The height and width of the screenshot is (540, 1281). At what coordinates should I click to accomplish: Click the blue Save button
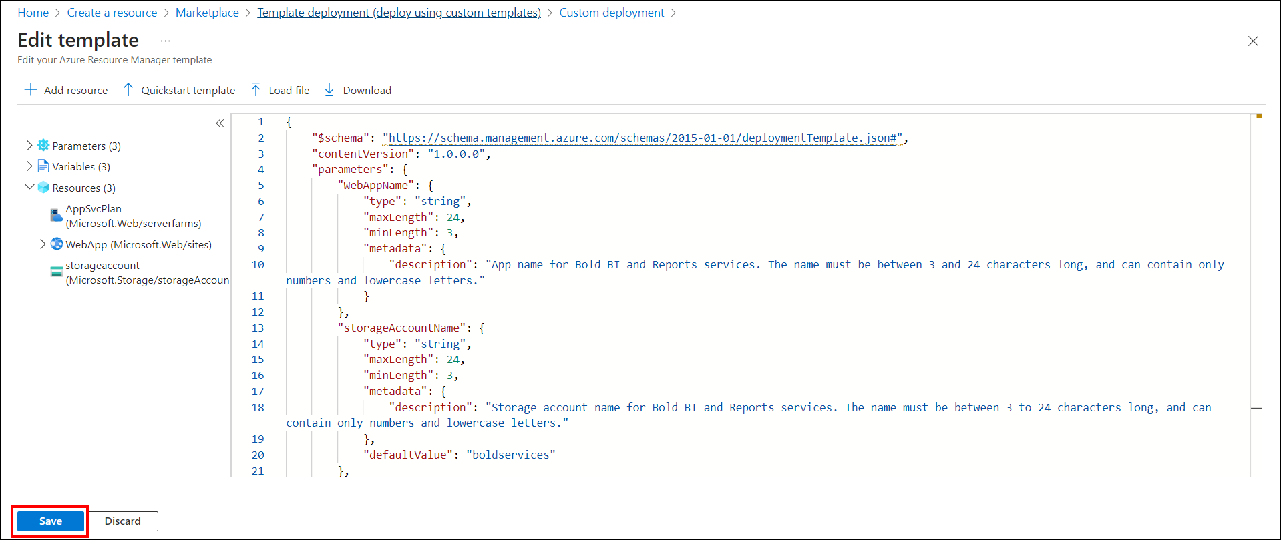[x=51, y=521]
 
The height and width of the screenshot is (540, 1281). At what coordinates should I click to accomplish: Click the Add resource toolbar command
[x=66, y=90]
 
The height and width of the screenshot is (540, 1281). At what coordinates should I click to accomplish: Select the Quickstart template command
[x=180, y=90]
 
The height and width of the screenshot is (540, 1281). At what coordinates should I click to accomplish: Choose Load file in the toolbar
[x=281, y=90]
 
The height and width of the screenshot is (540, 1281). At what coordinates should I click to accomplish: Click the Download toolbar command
[x=358, y=90]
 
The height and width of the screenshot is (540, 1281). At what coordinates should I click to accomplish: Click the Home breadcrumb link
[x=33, y=13]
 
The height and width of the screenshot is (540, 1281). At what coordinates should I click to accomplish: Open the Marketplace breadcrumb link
[x=207, y=13]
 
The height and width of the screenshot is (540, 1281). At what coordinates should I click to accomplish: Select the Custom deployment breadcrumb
[x=611, y=13]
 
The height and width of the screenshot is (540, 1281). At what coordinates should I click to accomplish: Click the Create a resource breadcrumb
[x=112, y=13]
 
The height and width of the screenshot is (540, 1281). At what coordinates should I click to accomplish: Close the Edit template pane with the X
[x=1253, y=41]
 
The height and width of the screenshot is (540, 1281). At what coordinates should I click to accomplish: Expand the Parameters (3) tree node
[x=29, y=145]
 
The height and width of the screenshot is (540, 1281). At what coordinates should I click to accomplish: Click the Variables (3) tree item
[x=81, y=167]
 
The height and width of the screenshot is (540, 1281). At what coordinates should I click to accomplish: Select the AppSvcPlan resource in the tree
[x=94, y=209]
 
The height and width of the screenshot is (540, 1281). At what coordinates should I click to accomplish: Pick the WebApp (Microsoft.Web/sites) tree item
[x=138, y=245]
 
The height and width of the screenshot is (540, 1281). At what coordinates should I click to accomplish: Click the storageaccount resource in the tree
[x=102, y=266]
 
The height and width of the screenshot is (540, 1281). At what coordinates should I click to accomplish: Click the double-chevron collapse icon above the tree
[x=220, y=123]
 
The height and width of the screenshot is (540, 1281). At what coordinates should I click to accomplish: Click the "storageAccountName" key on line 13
[x=402, y=328]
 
